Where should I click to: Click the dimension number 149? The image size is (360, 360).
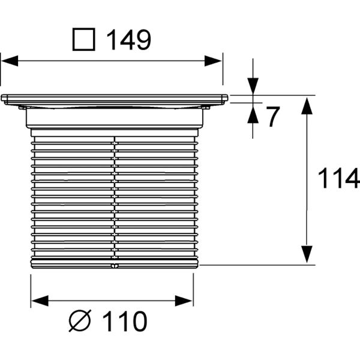(129, 40)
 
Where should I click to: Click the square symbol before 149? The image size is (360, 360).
(84, 39)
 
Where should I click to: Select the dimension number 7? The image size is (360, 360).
(273, 116)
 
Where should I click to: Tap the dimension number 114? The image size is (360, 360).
(338, 178)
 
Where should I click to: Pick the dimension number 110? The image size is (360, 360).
(124, 321)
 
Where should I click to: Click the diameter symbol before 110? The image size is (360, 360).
(80, 321)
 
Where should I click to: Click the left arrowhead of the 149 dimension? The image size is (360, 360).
(10, 61)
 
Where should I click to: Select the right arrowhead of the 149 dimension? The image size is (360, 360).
(213, 61)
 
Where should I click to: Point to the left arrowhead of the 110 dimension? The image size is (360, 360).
(40, 301)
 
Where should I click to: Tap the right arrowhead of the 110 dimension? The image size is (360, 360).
(184, 301)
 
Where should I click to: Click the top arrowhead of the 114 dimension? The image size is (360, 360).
(307, 106)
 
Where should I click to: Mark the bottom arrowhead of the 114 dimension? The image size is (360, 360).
(307, 254)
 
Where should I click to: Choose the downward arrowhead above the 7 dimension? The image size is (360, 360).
(253, 86)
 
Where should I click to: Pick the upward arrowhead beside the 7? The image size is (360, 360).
(253, 115)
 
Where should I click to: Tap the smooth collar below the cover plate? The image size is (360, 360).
(115, 118)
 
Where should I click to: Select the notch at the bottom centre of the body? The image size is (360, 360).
(115, 266)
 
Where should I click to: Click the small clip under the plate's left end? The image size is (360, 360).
(22, 107)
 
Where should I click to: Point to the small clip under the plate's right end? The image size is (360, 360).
(206, 107)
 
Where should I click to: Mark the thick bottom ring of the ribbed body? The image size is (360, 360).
(115, 263)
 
